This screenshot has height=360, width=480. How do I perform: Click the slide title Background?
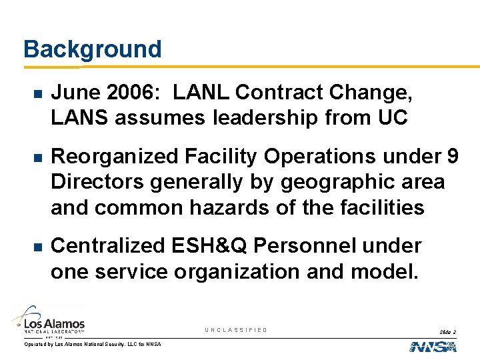click(x=92, y=49)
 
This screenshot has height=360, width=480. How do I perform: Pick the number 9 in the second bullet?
click(x=452, y=156)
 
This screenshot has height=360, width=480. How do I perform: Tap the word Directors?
click(x=97, y=182)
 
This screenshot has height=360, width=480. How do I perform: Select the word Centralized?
click(x=107, y=246)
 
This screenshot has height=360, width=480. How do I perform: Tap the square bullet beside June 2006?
click(x=26, y=93)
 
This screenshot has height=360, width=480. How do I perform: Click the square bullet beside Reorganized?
click(x=26, y=157)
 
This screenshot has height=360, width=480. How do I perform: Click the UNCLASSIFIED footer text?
click(x=236, y=330)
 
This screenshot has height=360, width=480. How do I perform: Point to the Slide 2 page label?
click(x=447, y=331)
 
